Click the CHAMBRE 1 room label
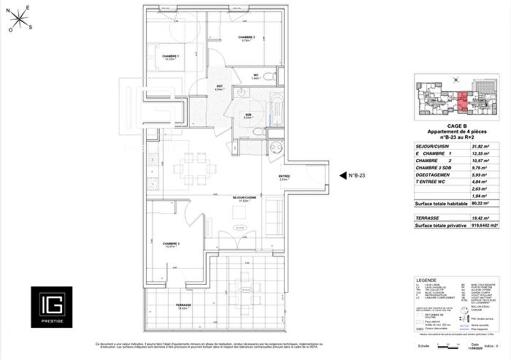point(171,57)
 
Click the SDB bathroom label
point(248,114)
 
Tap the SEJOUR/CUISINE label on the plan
point(245,198)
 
